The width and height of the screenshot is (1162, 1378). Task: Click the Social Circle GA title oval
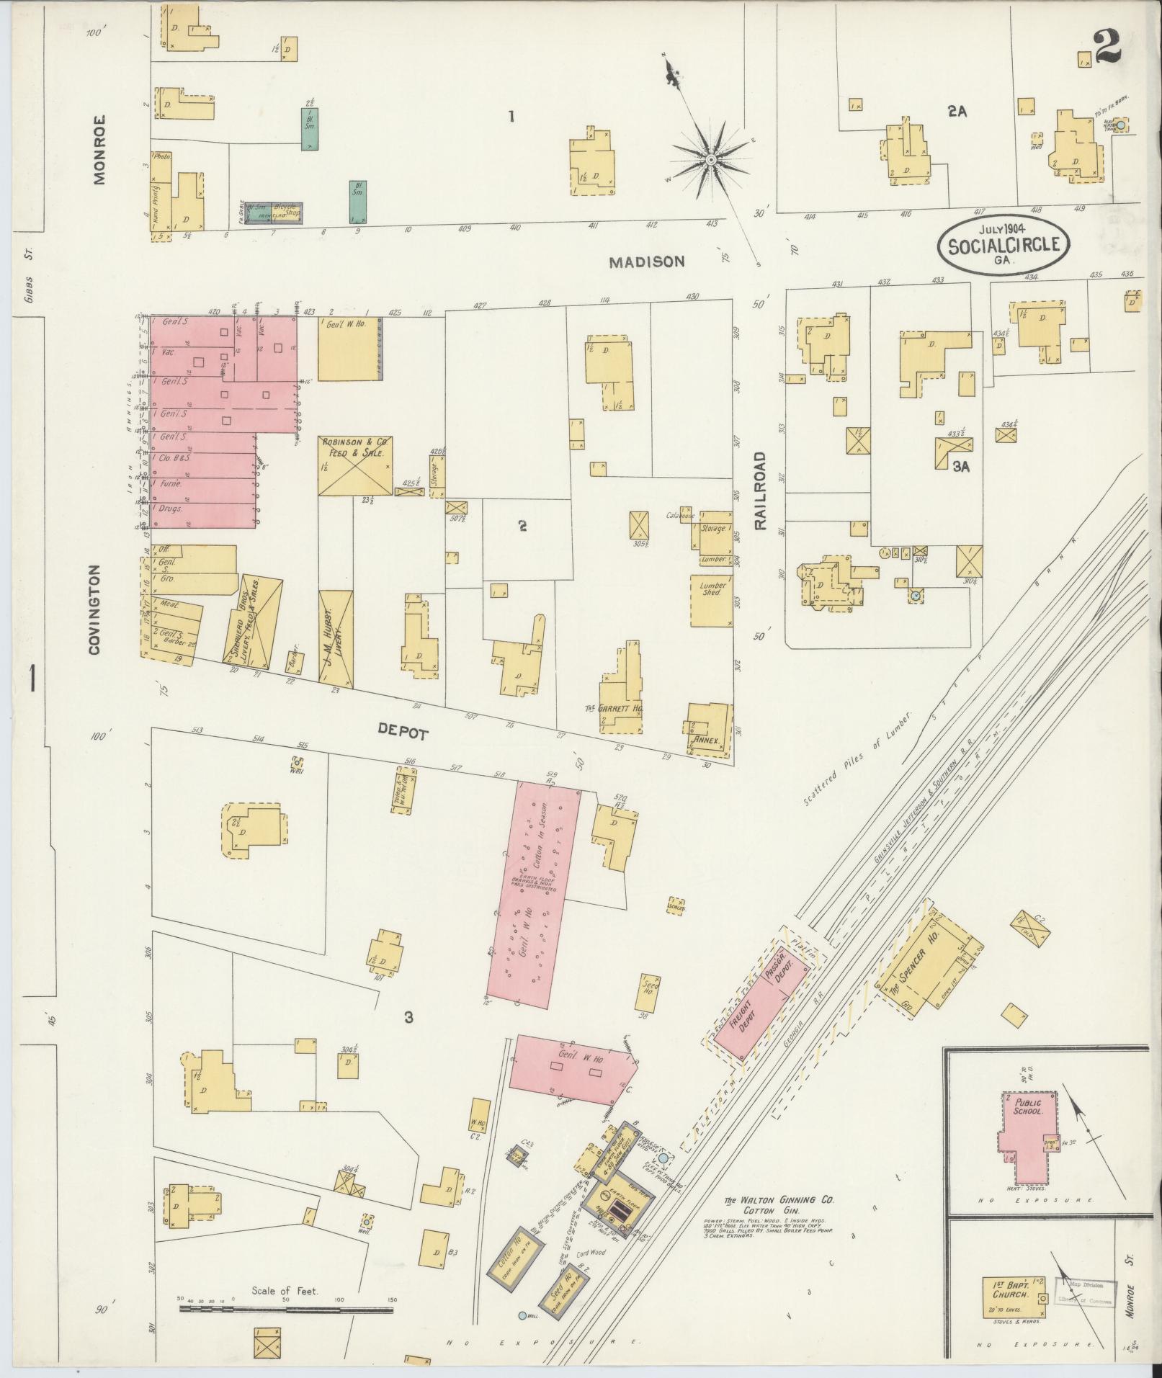[x=1003, y=244]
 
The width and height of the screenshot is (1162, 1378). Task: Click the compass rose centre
[x=710, y=159]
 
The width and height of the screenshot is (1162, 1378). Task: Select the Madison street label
[x=646, y=262]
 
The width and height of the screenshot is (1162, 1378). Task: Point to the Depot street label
[x=403, y=733]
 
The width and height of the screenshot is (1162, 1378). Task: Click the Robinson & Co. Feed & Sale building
[x=356, y=465]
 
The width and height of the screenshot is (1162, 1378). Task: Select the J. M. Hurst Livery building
[x=336, y=636]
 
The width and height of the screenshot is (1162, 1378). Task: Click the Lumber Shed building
[x=712, y=599]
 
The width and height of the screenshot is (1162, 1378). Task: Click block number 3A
[x=960, y=466]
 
